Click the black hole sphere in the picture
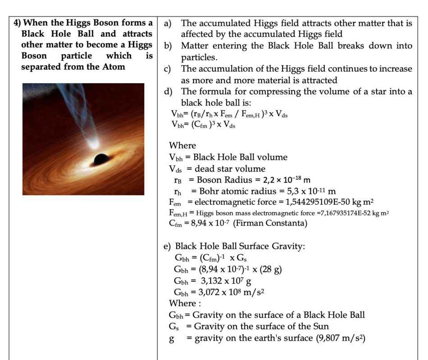101,158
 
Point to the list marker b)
168,46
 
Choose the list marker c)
168,69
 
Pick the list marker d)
168,92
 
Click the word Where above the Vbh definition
182,145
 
